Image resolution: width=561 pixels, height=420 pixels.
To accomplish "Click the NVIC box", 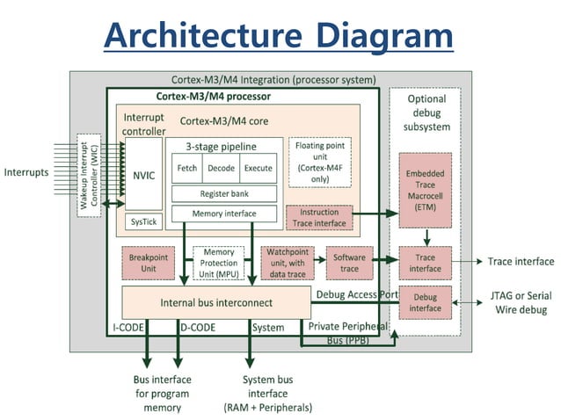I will click(143, 174).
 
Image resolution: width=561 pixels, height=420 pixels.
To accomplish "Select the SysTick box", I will click(143, 221).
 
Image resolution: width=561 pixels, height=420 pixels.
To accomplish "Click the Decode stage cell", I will click(220, 168).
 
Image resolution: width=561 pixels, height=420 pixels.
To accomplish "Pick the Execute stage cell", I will click(259, 168).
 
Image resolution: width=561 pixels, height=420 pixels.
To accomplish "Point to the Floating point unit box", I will click(320, 162).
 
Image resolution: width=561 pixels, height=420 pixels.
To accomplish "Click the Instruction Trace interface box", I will click(319, 218).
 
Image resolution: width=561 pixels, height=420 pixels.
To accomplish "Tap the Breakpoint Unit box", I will click(148, 262).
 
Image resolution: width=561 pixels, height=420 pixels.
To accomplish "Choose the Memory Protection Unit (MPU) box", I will click(218, 263).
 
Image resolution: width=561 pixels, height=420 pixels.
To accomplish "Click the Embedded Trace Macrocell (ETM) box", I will click(425, 188).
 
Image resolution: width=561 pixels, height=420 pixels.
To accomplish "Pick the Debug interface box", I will click(425, 302).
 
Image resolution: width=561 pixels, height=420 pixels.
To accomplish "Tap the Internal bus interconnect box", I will click(216, 303).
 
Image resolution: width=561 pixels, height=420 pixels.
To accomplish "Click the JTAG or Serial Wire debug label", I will click(519, 303).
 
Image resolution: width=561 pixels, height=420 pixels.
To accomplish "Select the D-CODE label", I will click(199, 328).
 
